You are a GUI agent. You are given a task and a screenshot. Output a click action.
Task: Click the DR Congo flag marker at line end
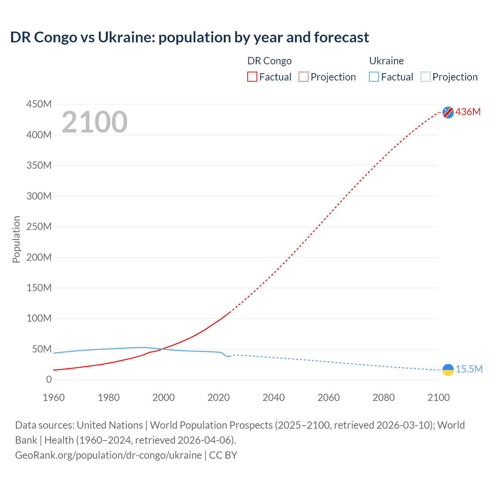click(x=448, y=112)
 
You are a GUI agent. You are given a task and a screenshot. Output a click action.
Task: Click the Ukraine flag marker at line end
click(x=448, y=370)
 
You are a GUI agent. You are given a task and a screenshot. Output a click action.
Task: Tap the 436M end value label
click(x=468, y=112)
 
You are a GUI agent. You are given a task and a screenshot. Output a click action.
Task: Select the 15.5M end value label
click(x=469, y=369)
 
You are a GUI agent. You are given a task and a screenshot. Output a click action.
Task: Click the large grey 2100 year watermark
click(x=94, y=122)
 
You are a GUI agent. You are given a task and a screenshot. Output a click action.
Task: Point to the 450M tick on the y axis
click(x=39, y=104)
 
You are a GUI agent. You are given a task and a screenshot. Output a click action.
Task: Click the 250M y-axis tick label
click(x=39, y=226)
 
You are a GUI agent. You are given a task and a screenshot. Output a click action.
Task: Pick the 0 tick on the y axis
click(x=49, y=379)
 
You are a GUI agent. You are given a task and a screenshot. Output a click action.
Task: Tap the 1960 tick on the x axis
click(x=54, y=397)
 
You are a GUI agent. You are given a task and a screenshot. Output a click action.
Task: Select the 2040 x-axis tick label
click(x=273, y=397)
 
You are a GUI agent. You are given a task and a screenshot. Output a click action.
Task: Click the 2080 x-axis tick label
click(x=384, y=397)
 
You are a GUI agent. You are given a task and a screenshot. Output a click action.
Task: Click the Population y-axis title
click(x=16, y=239)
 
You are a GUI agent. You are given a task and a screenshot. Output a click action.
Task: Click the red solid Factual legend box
click(x=252, y=77)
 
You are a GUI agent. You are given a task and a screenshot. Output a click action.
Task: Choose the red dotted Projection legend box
click(x=304, y=77)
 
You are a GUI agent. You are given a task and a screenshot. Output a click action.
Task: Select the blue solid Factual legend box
click(x=374, y=77)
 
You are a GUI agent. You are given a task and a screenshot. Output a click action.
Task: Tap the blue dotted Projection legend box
click(x=426, y=77)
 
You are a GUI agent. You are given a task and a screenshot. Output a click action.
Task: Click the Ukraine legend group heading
click(x=386, y=61)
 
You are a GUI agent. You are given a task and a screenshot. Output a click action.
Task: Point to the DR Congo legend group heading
click(x=269, y=61)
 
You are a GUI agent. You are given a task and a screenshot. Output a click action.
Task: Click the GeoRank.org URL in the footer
click(x=108, y=455)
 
